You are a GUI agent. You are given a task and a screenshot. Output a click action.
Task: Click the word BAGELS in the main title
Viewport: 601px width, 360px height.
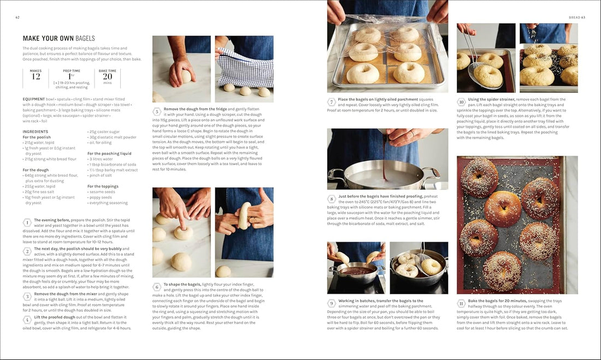click(83, 38)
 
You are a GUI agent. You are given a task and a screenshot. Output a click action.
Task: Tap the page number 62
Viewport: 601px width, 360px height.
click(17, 17)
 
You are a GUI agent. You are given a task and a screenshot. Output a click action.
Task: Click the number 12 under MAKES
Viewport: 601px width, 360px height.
click(36, 76)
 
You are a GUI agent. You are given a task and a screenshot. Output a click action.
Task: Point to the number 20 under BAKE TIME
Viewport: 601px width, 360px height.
click(107, 76)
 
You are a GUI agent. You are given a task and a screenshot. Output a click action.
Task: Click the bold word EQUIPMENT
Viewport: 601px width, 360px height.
click(33, 99)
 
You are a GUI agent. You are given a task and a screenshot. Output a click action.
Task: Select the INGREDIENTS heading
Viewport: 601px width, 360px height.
click(36, 132)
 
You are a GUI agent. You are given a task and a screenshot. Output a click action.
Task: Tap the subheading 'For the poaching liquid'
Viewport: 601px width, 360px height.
click(109, 154)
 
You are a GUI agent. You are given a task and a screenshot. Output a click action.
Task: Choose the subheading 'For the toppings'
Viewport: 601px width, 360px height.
click(102, 186)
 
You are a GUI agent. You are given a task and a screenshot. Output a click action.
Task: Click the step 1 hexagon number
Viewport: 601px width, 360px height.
click(27, 222)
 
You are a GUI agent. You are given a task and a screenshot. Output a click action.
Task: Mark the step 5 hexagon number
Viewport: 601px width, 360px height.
click(157, 111)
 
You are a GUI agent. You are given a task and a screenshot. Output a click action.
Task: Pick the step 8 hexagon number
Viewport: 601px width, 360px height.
click(332, 199)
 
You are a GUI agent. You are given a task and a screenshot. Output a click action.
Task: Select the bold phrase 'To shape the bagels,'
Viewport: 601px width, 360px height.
click(182, 285)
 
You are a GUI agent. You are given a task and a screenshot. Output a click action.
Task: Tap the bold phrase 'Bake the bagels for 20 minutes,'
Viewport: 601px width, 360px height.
click(497, 301)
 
